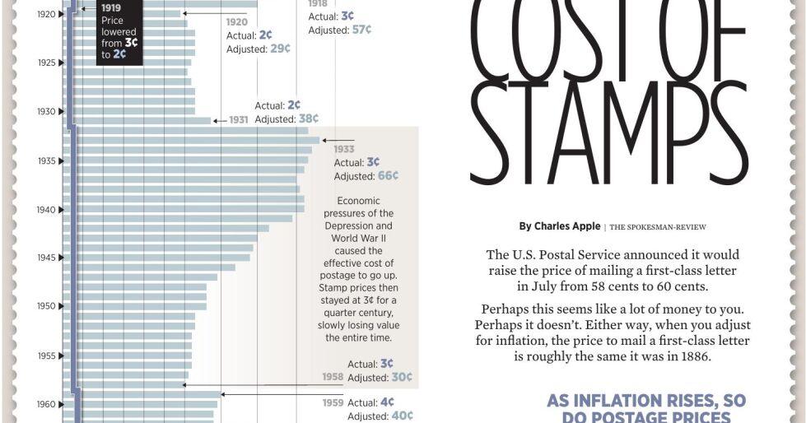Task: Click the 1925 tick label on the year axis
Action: tap(46, 63)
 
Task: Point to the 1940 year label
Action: tap(46, 210)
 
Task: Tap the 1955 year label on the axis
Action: tap(46, 356)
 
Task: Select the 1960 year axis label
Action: tap(46, 404)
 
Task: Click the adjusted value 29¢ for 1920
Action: tap(280, 49)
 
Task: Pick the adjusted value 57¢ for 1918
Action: tap(361, 30)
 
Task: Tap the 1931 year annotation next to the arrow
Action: tap(239, 120)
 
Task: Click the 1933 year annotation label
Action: tap(344, 149)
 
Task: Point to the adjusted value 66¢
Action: tap(388, 176)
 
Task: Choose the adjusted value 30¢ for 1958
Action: tap(402, 378)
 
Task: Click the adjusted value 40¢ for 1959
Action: tap(402, 416)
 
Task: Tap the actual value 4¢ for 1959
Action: tap(387, 402)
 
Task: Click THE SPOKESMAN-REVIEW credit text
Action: tap(658, 227)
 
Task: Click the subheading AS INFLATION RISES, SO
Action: tap(646, 401)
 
